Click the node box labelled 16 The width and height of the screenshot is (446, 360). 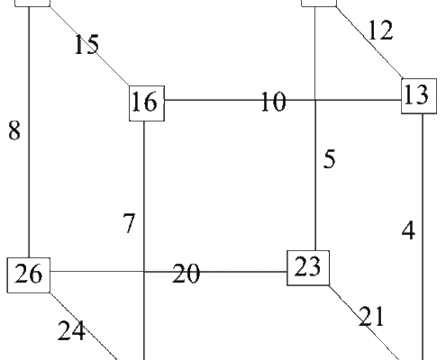click(x=147, y=103)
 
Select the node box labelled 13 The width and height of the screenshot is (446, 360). click(x=419, y=96)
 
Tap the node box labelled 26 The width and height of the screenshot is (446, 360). click(x=29, y=274)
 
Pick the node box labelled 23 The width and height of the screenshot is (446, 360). click(x=308, y=268)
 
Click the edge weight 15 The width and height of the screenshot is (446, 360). click(x=86, y=44)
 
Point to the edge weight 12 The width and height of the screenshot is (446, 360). click(x=380, y=30)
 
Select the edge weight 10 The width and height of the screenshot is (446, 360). click(x=273, y=102)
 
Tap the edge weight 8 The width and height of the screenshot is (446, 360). click(x=14, y=130)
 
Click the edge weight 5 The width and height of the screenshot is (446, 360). click(x=329, y=158)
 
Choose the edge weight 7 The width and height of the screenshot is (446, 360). click(x=129, y=223)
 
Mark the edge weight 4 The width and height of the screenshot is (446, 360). click(x=408, y=230)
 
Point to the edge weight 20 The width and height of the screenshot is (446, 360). click(x=186, y=274)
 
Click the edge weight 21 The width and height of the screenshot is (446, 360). click(x=371, y=316)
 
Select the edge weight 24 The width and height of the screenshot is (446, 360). click(x=71, y=330)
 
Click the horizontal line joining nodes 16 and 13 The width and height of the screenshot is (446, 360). click(x=283, y=100)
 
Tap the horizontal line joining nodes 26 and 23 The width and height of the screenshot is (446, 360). click(x=168, y=272)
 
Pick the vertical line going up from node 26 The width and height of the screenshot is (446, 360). click(x=29, y=132)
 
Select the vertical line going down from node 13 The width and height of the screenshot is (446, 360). click(x=423, y=237)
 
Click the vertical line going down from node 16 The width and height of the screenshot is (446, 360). click(x=144, y=240)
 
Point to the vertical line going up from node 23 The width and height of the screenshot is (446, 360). click(x=315, y=129)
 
